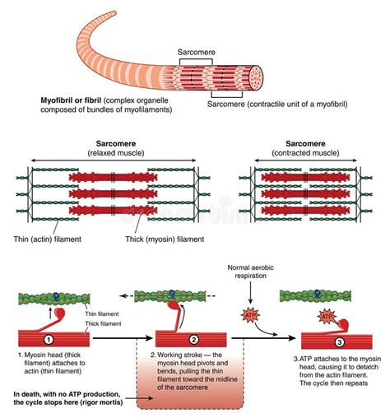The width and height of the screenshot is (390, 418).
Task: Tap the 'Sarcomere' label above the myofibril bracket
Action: pyautogui.click(x=198, y=51)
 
